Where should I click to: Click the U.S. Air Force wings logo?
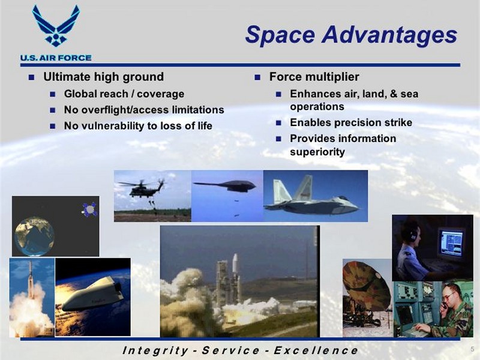[x=56, y=26]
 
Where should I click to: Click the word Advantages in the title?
[x=389, y=34]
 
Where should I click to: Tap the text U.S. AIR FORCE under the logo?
[x=56, y=58]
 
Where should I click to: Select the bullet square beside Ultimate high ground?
[x=31, y=77]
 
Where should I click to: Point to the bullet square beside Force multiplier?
[x=257, y=77]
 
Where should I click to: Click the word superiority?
[x=317, y=152]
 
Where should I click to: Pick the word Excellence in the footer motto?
[x=316, y=350]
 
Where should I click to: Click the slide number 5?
[x=472, y=349]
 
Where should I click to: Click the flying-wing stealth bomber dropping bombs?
[x=226, y=185]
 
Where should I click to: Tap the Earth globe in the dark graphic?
[x=34, y=236]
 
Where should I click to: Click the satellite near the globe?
[x=89, y=209]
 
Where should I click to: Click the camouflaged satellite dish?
[x=367, y=286]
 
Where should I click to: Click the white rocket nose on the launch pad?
[x=235, y=263]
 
